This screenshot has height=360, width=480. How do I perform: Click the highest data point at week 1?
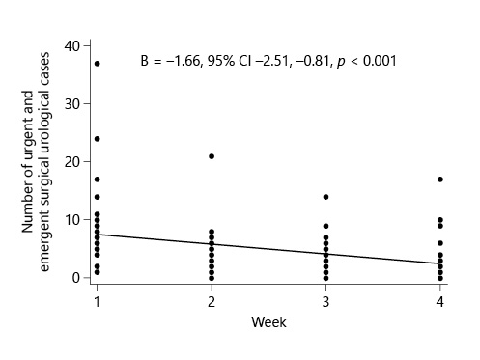point(98,64)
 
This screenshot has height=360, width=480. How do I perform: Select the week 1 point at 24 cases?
point(98,139)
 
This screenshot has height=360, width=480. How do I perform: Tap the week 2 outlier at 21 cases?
point(212,156)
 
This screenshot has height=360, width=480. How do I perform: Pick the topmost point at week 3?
point(326,197)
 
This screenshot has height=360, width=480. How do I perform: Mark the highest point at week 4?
point(440,180)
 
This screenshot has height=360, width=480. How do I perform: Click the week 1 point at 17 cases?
point(98,180)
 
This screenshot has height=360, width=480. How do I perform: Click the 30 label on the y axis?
point(71,104)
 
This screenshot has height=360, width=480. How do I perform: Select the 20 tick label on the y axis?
point(71,162)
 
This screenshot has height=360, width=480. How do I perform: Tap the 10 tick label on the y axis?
point(71,220)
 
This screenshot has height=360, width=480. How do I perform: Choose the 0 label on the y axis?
point(74,278)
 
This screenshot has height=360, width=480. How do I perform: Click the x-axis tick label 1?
point(98,302)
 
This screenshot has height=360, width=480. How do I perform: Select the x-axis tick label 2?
point(212,302)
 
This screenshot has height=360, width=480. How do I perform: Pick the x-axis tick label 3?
point(326,302)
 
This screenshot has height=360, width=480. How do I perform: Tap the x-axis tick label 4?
point(440,302)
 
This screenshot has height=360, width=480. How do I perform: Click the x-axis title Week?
point(268,322)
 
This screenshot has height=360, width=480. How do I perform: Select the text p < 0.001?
point(362,60)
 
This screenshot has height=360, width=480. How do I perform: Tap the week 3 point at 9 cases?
point(326,226)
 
